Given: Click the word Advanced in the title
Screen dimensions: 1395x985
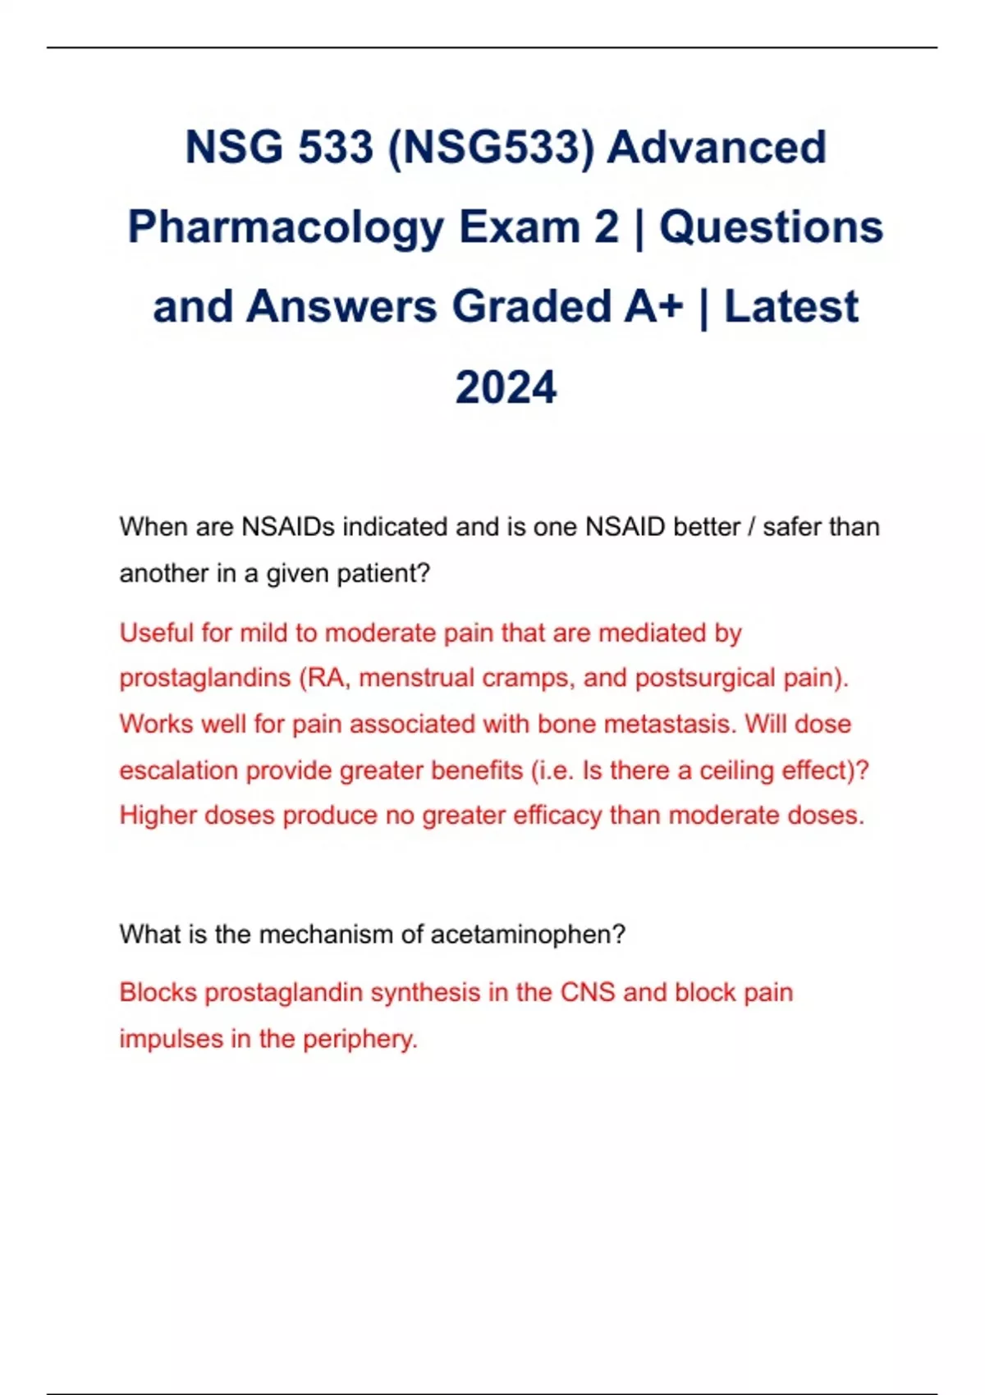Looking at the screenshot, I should [717, 148].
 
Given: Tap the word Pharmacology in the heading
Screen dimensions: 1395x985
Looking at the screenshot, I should [286, 227].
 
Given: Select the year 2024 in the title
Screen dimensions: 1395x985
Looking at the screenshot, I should [506, 387].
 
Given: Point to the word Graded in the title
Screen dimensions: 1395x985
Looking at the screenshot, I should [530, 307].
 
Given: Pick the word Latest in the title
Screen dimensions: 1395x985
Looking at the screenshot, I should [790, 307].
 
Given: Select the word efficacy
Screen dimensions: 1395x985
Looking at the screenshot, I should [557, 816].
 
